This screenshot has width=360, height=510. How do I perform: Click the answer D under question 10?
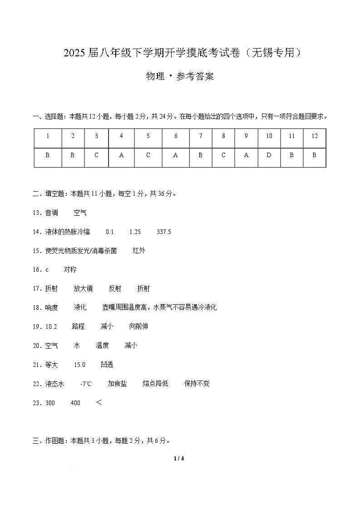[x=269, y=155]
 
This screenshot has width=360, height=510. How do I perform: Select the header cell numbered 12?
[x=315, y=136]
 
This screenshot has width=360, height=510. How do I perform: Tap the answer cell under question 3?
[x=96, y=155]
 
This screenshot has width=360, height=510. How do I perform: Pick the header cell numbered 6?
[x=176, y=136]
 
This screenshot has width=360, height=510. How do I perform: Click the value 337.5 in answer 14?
[x=163, y=232]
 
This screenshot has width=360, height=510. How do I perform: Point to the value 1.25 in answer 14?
[x=135, y=232]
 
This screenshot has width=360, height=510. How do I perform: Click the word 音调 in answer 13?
[x=52, y=213]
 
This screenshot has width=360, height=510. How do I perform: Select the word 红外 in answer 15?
[x=139, y=250]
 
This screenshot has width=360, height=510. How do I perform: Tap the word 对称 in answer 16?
[x=70, y=269]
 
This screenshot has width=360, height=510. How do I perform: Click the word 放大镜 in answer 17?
[x=83, y=288]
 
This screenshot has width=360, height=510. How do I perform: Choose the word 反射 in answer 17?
[x=115, y=288]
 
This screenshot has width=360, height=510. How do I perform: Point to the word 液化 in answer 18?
[x=80, y=307]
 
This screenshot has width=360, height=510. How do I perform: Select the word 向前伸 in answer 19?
[x=138, y=326]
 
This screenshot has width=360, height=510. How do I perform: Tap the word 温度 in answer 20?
[x=102, y=345]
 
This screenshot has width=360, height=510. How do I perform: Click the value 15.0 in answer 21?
[x=79, y=364]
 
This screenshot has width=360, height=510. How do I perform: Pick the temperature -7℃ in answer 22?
[x=86, y=383]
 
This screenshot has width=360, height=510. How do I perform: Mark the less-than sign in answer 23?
[x=99, y=402]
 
